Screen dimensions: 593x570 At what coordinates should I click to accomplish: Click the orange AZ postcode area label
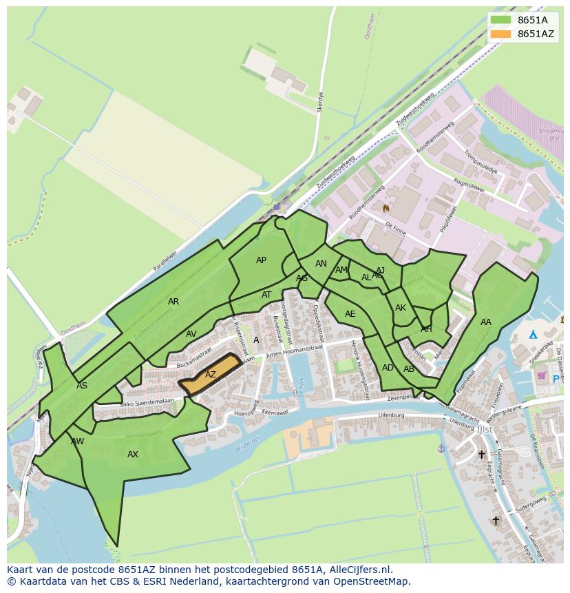tap(211, 375)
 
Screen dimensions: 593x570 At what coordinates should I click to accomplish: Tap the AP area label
tap(261, 260)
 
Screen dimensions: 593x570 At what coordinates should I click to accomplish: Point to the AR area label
tap(173, 302)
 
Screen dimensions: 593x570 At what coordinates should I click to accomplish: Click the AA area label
tap(486, 322)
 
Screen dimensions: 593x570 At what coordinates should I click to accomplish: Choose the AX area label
tap(133, 455)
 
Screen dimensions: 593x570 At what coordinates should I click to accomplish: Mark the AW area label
tap(77, 441)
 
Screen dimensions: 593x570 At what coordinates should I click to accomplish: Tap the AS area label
tap(82, 386)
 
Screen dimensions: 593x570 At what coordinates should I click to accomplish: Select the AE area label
tap(350, 314)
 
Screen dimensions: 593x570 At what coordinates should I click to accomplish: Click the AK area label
tap(401, 308)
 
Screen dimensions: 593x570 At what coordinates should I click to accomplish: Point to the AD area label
tap(388, 368)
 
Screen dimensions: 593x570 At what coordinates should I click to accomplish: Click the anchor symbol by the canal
tap(441, 448)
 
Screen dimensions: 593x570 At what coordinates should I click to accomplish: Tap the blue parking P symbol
tap(556, 379)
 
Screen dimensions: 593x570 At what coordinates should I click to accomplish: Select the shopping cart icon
tap(542, 375)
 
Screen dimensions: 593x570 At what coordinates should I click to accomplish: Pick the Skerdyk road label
tap(319, 102)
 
